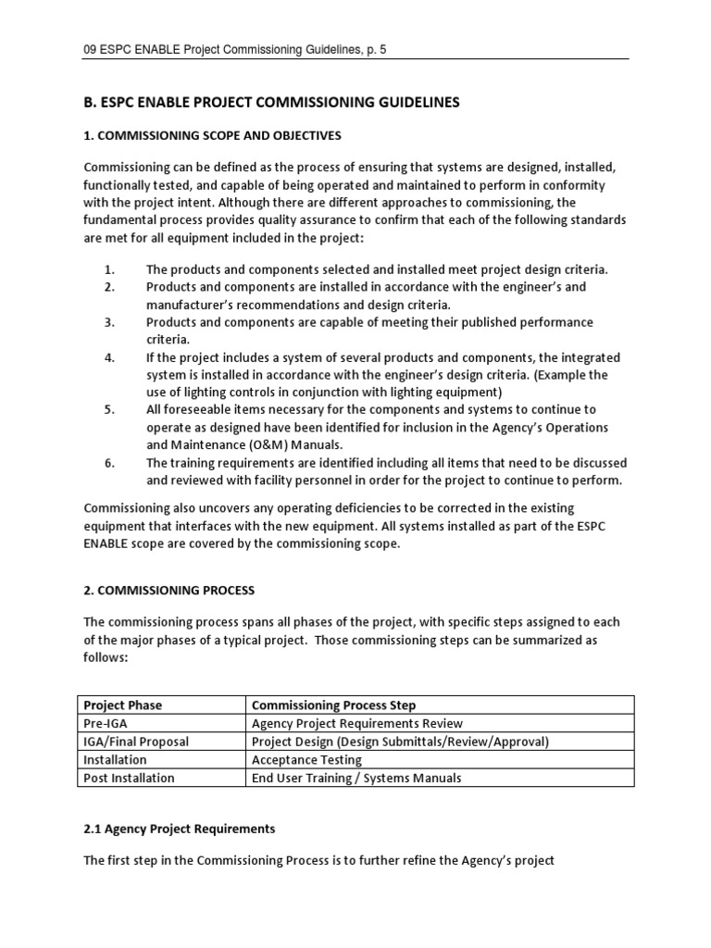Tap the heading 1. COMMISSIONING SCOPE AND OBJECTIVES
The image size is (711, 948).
[212, 136]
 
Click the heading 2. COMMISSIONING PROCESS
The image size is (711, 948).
[168, 590]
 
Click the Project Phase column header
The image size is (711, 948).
[122, 705]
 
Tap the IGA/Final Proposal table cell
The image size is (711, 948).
[135, 742]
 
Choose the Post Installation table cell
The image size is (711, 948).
[129, 778]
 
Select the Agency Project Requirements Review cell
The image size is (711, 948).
[356, 724]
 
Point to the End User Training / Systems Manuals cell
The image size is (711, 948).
[356, 778]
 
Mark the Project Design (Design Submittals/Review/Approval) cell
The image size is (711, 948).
[400, 742]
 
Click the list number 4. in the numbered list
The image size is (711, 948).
[109, 357]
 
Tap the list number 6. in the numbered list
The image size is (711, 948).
[109, 463]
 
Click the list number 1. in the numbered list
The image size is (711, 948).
[109, 269]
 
